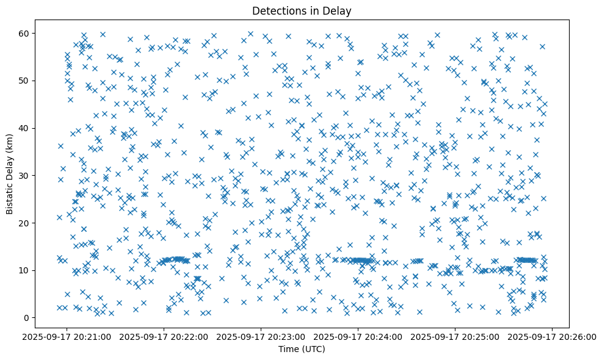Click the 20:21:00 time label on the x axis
(x=67, y=336)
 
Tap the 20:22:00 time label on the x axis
(x=164, y=336)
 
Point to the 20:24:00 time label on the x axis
(x=358, y=336)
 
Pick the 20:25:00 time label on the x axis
(x=455, y=336)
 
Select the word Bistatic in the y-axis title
(x=10, y=196)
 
